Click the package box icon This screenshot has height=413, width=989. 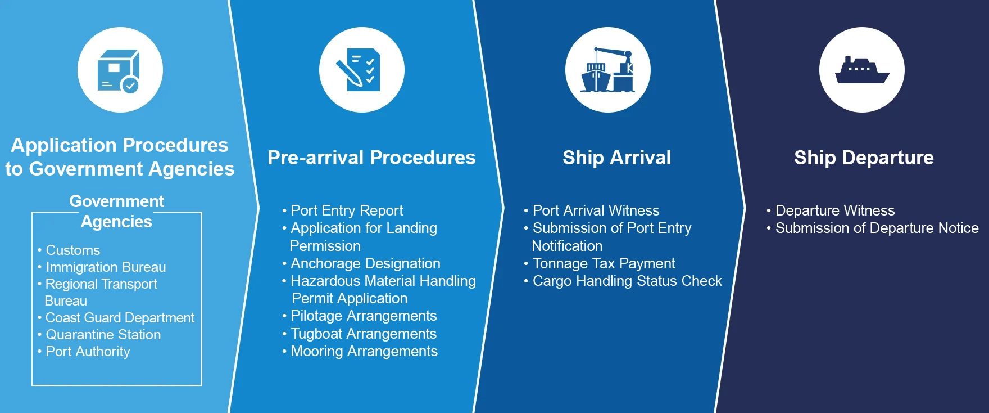(119, 70)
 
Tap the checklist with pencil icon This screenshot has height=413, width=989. (359, 70)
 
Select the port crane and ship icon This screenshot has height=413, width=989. (608, 70)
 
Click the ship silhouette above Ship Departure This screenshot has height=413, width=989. (862, 70)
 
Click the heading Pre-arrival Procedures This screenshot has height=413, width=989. (371, 158)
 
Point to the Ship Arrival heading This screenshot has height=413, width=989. (616, 158)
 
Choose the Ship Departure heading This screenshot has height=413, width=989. (864, 158)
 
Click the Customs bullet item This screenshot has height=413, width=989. (72, 250)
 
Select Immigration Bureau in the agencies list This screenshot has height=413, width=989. (106, 267)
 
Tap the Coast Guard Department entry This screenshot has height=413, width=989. (120, 317)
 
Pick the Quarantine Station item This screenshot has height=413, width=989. (103, 334)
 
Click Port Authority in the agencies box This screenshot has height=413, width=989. (88, 351)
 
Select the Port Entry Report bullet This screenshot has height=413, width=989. (347, 210)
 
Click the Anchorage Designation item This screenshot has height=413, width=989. (365, 263)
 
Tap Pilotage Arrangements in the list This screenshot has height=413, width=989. (364, 316)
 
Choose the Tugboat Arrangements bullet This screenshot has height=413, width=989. (364, 334)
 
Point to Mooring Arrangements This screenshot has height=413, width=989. (364, 351)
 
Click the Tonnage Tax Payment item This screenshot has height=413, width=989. (604, 263)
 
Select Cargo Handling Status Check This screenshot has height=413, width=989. (627, 281)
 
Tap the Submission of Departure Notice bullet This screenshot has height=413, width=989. (877, 228)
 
